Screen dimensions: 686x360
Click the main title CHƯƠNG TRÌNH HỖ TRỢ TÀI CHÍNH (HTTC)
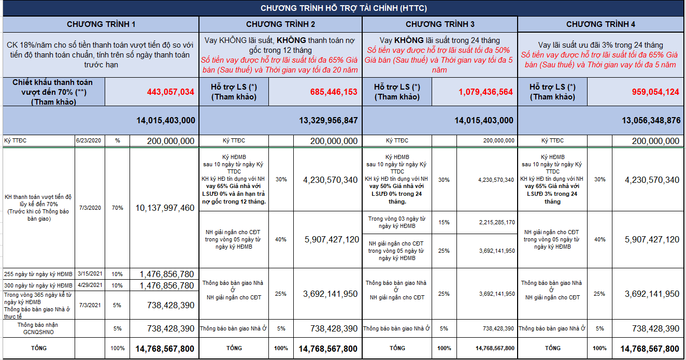point(344,8)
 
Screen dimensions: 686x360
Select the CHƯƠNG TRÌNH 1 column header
point(101,24)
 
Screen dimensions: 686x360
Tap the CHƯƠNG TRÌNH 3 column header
point(440,24)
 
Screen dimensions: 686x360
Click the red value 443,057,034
point(170,92)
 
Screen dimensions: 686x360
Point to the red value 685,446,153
point(334,92)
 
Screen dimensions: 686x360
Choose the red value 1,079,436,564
point(485,92)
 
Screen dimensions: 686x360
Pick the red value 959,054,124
point(655,92)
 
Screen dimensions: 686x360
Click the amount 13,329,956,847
point(328,120)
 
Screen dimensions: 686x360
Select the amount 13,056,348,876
point(651,120)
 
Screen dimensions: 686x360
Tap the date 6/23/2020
point(89,140)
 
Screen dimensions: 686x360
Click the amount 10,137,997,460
point(165,208)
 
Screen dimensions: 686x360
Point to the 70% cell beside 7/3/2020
point(117,208)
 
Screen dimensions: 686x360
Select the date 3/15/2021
point(90,273)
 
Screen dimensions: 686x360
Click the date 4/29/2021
point(90,285)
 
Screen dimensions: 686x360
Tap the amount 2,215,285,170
point(497,222)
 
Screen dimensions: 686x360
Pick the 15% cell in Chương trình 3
point(444,222)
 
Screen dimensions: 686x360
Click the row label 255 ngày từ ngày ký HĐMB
point(38,274)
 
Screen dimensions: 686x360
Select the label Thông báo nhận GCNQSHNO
point(38,328)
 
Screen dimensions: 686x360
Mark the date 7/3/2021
point(90,305)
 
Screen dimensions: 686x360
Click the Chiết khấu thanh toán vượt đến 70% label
point(53,92)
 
